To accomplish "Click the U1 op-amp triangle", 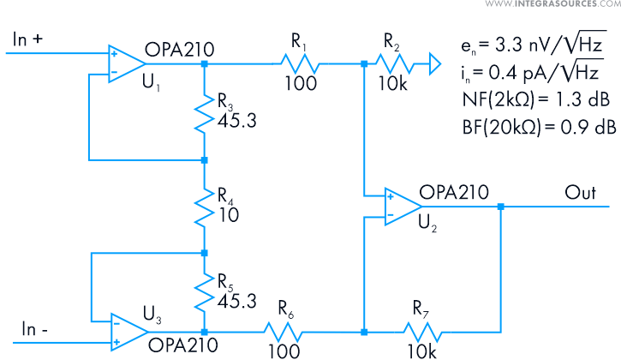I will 124,63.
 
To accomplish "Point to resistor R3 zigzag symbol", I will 204,111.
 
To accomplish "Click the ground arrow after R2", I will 433,63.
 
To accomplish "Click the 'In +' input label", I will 32,39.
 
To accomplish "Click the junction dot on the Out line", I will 500,207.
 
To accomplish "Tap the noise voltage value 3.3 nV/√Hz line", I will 534,44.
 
